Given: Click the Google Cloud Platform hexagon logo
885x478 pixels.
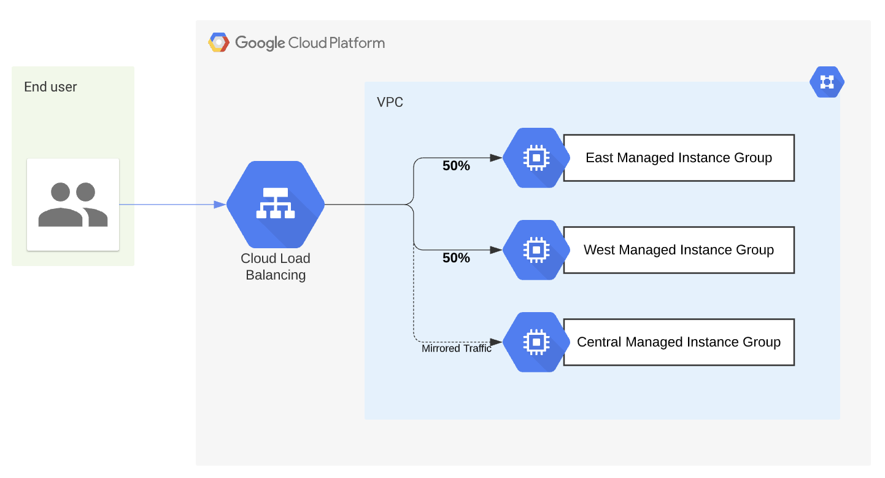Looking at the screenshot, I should coord(218,42).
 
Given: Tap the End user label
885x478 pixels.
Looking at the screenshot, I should coord(50,87).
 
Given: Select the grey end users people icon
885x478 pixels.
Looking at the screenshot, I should coord(73,205).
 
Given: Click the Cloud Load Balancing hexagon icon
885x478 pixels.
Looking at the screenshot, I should coord(276,205).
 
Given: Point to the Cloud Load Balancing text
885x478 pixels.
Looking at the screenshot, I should coord(276,267).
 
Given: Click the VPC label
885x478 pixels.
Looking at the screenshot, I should coord(390,103).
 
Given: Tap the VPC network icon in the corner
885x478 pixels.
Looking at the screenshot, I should coord(827,82).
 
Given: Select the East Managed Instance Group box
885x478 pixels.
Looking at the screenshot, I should coord(679,158).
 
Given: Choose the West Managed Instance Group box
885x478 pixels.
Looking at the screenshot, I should coord(679,250).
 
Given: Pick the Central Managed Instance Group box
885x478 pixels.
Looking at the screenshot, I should coord(679,342).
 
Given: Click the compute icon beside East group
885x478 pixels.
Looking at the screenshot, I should coord(536,158).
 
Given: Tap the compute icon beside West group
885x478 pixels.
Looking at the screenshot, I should coord(536,250).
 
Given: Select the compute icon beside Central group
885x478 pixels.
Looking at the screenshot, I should coord(536,342).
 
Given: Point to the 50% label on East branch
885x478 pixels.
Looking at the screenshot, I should coord(456,166).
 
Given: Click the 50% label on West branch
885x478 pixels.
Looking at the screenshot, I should coord(456,258).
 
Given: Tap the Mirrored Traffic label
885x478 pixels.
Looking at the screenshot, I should coord(457,349).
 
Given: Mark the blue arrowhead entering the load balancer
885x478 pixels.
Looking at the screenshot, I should coord(220,205).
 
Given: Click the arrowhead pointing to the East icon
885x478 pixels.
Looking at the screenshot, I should coord(497,158).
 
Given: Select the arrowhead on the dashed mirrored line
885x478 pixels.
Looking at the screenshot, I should coord(497,342).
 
